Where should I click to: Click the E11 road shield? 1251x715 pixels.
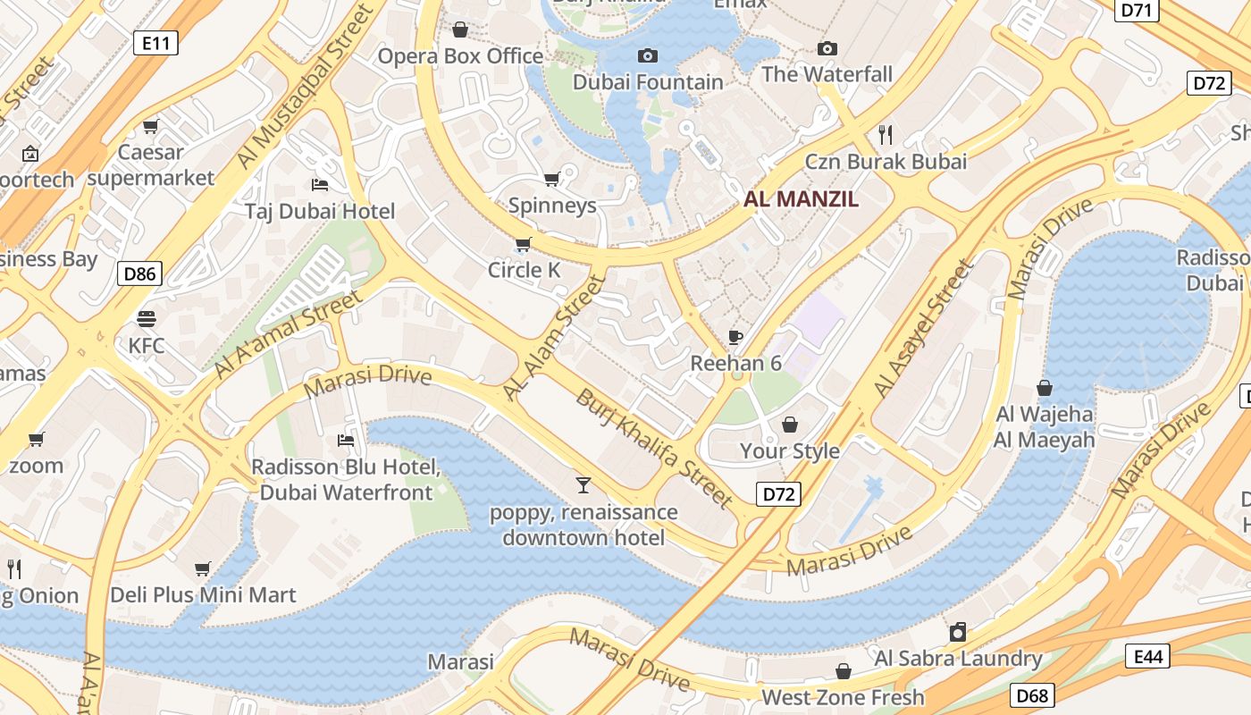pos(155,42)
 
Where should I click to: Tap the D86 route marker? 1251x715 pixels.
pos(139,273)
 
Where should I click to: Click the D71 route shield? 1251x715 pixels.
pos(1138,10)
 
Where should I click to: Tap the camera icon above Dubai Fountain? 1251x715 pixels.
pos(648,56)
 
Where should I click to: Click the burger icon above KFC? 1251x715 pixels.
pos(147,319)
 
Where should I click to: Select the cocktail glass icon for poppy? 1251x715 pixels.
pos(584,485)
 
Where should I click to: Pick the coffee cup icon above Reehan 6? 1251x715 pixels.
pos(735,337)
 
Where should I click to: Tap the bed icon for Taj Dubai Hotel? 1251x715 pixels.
pos(320,185)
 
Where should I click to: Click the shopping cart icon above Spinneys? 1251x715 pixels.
pos(552,179)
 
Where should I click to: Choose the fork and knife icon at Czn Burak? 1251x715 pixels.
pos(886,135)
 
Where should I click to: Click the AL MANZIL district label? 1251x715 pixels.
pos(801,200)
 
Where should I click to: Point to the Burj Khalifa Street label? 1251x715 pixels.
pos(654,450)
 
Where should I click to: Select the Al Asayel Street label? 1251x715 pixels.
pos(923,329)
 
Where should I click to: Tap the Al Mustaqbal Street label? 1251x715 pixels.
pos(304,88)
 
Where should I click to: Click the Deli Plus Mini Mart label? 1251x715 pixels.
pos(203,595)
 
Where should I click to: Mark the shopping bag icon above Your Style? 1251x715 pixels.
pos(790,424)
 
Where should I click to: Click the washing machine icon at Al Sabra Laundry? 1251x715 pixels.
pos(958,633)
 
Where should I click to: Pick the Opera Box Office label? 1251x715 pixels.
pos(460,56)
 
